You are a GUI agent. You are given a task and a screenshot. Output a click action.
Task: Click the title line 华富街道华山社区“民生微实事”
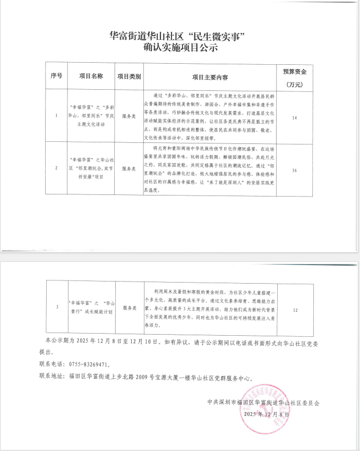click(179, 37)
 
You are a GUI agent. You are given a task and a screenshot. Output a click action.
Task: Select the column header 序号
click(57, 76)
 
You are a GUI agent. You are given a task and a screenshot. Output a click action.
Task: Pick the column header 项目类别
click(129, 76)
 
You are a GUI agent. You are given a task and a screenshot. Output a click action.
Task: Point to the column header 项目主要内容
click(210, 76)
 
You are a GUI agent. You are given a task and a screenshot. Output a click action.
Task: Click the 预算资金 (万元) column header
click(295, 76)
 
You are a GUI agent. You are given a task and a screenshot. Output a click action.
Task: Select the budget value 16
click(294, 169)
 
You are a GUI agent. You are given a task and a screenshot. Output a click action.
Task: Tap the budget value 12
click(295, 308)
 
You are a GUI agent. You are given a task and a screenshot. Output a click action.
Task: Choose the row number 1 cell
click(56, 115)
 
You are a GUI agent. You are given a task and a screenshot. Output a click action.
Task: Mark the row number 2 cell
click(56, 168)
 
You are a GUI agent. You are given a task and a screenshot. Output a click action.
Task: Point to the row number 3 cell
click(57, 307)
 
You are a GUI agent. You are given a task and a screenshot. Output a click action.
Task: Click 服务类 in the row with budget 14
click(130, 115)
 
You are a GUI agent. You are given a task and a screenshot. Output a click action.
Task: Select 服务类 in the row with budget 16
click(130, 168)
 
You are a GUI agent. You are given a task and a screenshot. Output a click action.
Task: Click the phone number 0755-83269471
click(87, 364)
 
